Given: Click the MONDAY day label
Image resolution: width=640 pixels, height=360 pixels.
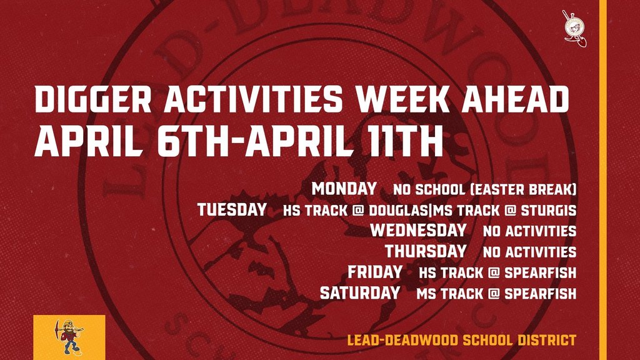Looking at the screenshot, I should pos(344,189).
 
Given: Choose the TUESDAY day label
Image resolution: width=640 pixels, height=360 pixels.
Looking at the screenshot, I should pos(232,209).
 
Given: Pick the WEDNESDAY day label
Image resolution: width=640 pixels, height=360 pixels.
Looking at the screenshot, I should pos(418,231).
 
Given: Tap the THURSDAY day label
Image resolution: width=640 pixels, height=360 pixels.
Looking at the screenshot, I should pos(426,251).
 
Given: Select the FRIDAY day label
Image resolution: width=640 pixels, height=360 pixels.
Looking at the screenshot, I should pos(375,272).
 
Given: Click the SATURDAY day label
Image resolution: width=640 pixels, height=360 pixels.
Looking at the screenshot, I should pos(360,292).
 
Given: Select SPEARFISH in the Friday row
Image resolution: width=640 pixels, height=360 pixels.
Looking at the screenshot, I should pos(540,272).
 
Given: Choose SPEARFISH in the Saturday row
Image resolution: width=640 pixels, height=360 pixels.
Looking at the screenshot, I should pos(540,293).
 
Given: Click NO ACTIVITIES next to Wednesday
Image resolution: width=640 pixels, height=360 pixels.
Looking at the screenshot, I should pos(529,231).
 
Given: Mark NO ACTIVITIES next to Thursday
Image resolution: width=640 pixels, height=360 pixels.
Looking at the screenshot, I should pos(529,252).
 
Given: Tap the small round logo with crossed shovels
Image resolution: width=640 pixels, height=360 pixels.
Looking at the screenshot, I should pos(574,26).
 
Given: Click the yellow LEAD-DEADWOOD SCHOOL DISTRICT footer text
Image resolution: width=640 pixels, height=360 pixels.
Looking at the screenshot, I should pos(461,341).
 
